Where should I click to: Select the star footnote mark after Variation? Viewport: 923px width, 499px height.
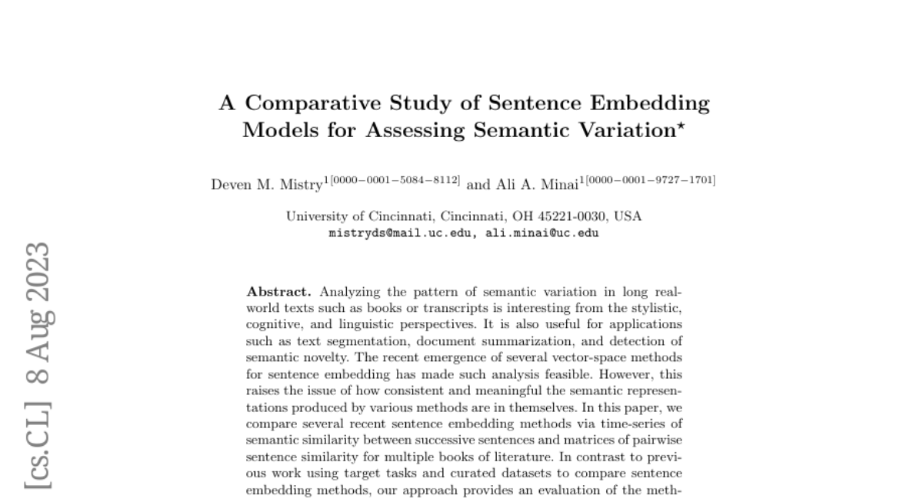click(x=680, y=125)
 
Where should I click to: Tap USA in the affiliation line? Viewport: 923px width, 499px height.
click(x=628, y=216)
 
